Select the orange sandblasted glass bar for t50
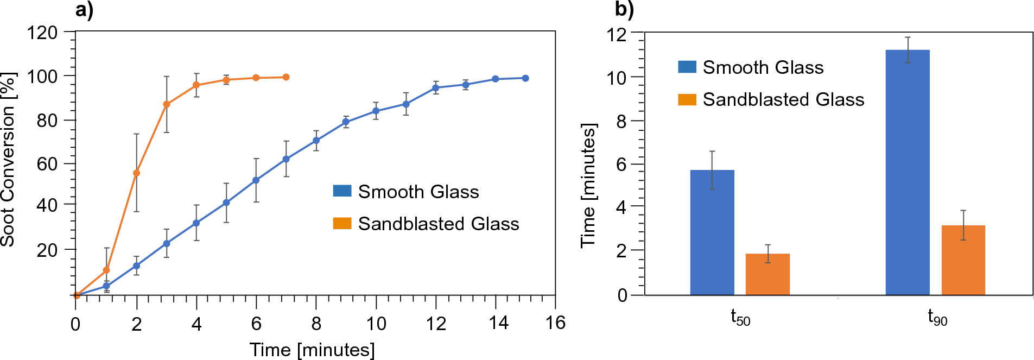point(767,274)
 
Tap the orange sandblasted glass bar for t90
point(963,260)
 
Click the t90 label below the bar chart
point(937,317)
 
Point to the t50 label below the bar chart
point(740,317)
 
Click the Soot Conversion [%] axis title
point(9,160)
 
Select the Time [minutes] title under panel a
point(312,349)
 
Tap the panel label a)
point(84,9)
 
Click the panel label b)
point(624,9)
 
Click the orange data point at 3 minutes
point(167,104)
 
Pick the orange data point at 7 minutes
point(286,77)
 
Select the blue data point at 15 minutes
point(525,78)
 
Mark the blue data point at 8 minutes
point(316,141)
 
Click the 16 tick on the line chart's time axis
point(555,324)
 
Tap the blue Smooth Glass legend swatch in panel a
point(342,191)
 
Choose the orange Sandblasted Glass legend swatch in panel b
point(687,99)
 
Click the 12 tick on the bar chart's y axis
point(617,34)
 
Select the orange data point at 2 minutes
point(136,173)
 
